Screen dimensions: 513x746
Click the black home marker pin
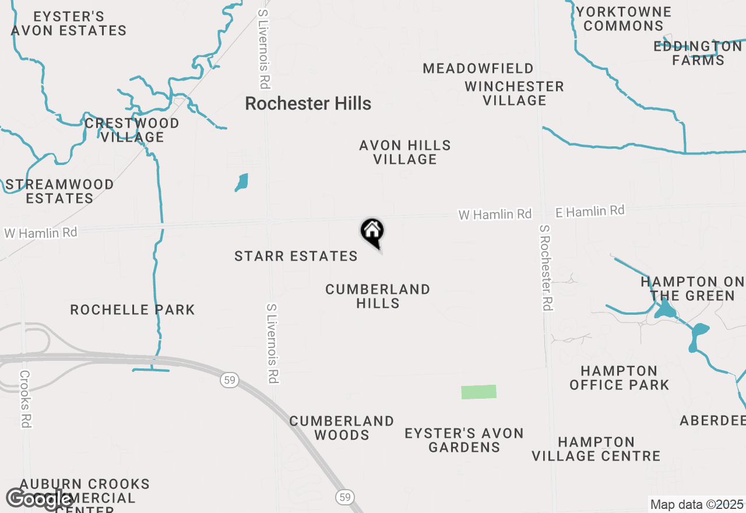[x=372, y=231]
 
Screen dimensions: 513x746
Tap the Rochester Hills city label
[x=308, y=104]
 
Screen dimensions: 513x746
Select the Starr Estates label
[x=296, y=256]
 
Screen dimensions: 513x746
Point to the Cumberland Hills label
[x=378, y=296]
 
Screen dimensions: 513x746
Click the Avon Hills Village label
[x=405, y=152]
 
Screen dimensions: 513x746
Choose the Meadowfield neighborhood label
[x=478, y=69]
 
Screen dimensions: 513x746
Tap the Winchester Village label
[x=514, y=93]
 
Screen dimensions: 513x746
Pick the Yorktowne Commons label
[x=624, y=19]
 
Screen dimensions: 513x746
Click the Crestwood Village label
[x=132, y=130]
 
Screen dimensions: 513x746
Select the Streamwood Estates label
[x=59, y=191]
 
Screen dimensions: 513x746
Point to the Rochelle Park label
[x=132, y=310]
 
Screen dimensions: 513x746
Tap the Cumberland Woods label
[x=342, y=428]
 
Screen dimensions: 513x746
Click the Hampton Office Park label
[x=619, y=378]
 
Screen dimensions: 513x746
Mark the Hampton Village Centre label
[x=596, y=449]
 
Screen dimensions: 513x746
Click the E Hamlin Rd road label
[x=590, y=211]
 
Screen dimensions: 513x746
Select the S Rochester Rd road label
[x=546, y=268]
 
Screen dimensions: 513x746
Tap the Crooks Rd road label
[x=24, y=399]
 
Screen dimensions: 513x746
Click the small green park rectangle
[x=478, y=392]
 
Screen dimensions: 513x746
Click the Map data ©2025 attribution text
[x=696, y=505]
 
